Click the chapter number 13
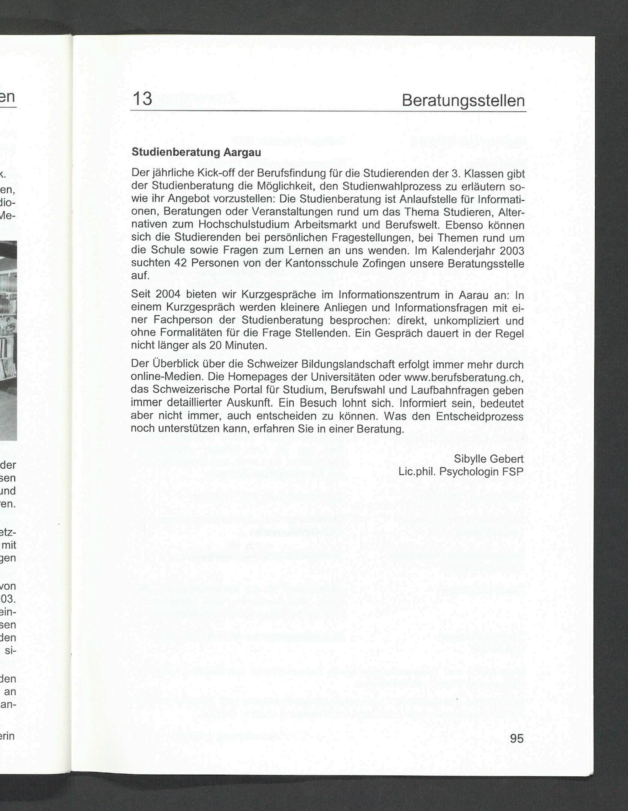(142, 99)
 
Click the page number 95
(517, 738)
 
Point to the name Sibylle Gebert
(489, 459)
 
